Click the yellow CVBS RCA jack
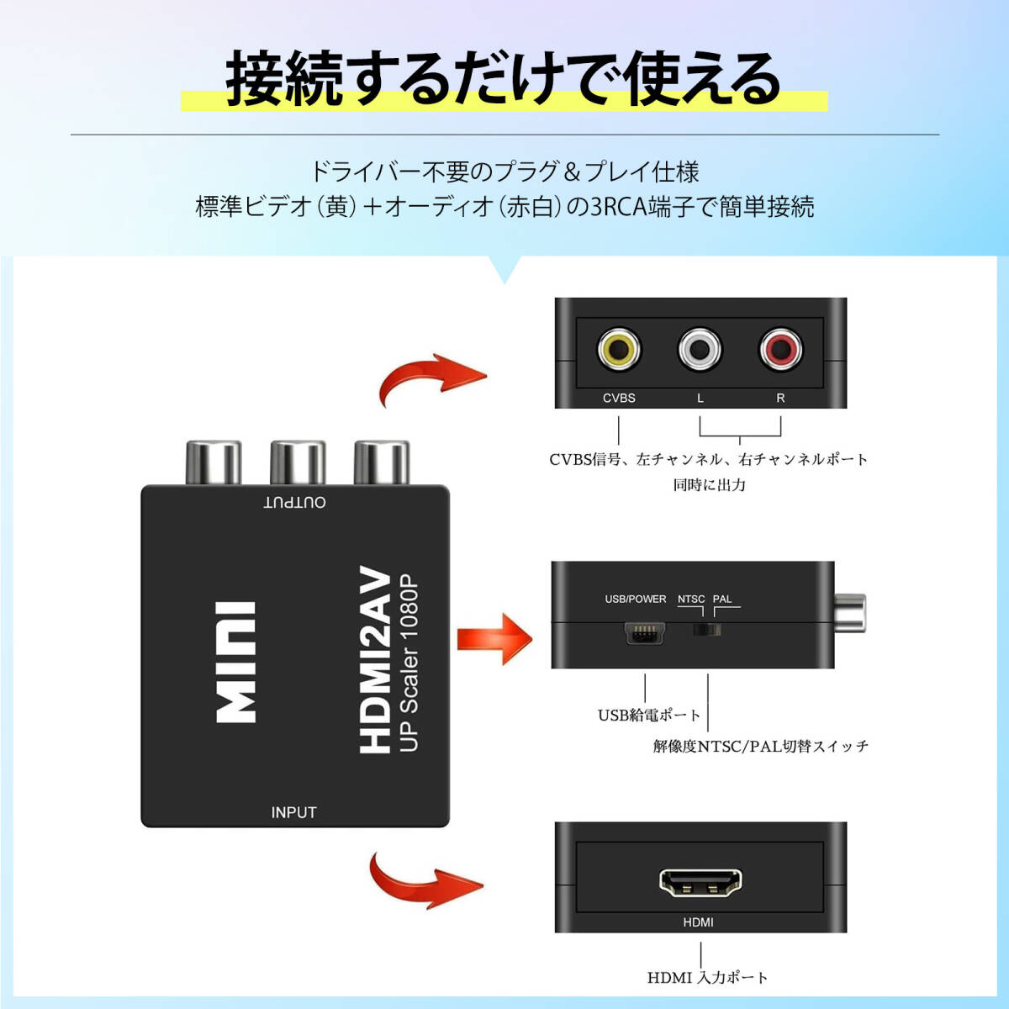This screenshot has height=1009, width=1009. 618,350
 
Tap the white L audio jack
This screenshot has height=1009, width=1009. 700,350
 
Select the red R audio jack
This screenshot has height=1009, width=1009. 780,350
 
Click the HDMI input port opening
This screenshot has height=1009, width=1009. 700,882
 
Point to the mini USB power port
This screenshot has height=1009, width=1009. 644,632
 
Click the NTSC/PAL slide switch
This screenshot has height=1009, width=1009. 707,630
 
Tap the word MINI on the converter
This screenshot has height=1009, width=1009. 236,662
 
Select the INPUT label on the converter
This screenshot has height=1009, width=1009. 293,812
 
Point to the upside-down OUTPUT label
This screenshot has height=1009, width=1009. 294,502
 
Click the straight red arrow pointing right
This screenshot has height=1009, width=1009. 494,640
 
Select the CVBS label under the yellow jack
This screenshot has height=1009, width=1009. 619,398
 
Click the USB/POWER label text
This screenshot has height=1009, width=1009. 635,600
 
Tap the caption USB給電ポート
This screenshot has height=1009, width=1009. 648,716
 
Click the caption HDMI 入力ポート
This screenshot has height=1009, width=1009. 707,978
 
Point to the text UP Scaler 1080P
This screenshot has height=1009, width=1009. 409,664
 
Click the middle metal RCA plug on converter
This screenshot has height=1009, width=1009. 297,462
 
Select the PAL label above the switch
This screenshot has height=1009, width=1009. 722,600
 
